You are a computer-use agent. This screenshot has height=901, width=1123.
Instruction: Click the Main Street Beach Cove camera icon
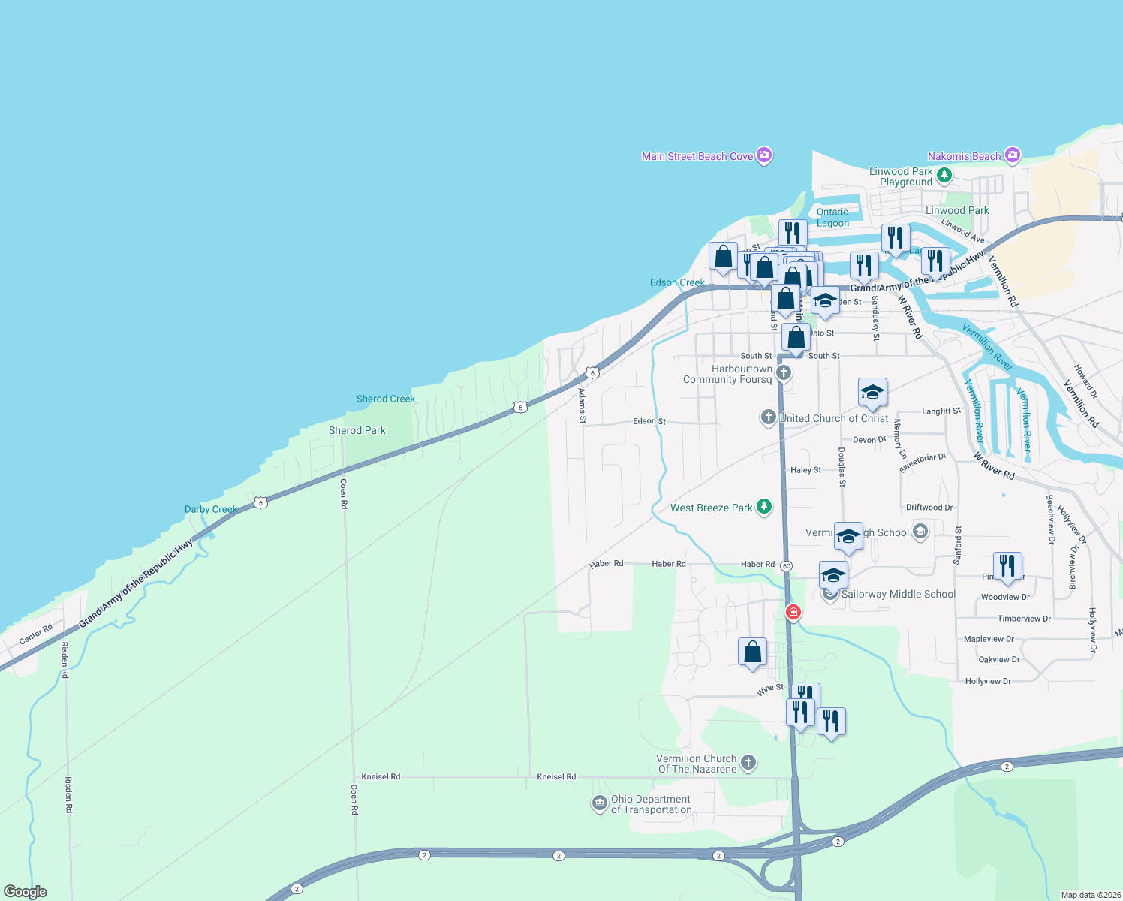764,155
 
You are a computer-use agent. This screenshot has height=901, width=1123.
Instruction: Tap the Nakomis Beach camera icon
1012,155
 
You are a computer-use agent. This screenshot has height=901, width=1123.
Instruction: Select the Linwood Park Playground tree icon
944,176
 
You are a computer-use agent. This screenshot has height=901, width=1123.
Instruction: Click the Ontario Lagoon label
832,218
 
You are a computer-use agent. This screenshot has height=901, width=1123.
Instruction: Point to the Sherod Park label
357,430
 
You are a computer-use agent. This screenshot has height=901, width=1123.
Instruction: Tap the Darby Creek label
211,509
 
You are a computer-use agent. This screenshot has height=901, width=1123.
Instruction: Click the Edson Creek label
677,282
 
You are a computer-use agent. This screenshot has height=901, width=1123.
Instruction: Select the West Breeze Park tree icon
764,507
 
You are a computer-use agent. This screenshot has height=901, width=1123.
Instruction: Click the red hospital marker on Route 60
793,612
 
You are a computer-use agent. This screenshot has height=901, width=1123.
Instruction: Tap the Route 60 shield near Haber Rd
786,565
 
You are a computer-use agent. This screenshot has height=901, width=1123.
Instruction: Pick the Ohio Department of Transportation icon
599,804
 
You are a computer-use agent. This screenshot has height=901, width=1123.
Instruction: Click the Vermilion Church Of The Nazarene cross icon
748,763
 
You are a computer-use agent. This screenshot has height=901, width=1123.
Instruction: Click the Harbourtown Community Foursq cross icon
784,372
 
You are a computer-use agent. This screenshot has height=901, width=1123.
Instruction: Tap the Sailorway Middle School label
898,594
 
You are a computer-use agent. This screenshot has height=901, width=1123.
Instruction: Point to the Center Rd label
35,634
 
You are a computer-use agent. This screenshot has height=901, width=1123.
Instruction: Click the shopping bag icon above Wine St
752,652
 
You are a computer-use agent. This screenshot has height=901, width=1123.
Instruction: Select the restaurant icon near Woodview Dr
1007,566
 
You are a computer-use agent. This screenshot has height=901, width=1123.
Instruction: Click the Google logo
25,892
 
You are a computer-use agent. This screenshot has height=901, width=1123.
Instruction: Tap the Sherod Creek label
385,399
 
